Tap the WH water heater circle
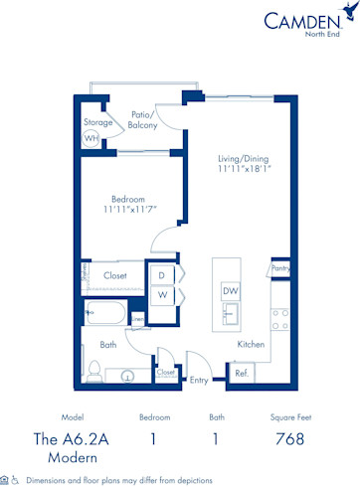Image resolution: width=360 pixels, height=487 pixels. [91, 139]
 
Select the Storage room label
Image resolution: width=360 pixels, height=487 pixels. [97, 122]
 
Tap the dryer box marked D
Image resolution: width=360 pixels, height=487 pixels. [162, 275]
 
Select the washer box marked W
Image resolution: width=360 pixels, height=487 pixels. [162, 295]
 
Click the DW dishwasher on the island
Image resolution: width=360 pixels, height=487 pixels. [230, 291]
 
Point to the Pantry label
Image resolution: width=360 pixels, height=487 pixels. [280, 268]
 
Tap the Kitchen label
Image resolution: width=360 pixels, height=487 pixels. [250, 344]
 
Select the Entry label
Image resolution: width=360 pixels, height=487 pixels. [200, 380]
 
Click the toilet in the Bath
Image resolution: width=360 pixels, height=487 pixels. [94, 372]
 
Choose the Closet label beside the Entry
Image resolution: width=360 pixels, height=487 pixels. [166, 373]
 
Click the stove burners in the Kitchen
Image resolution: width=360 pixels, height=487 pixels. [279, 319]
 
